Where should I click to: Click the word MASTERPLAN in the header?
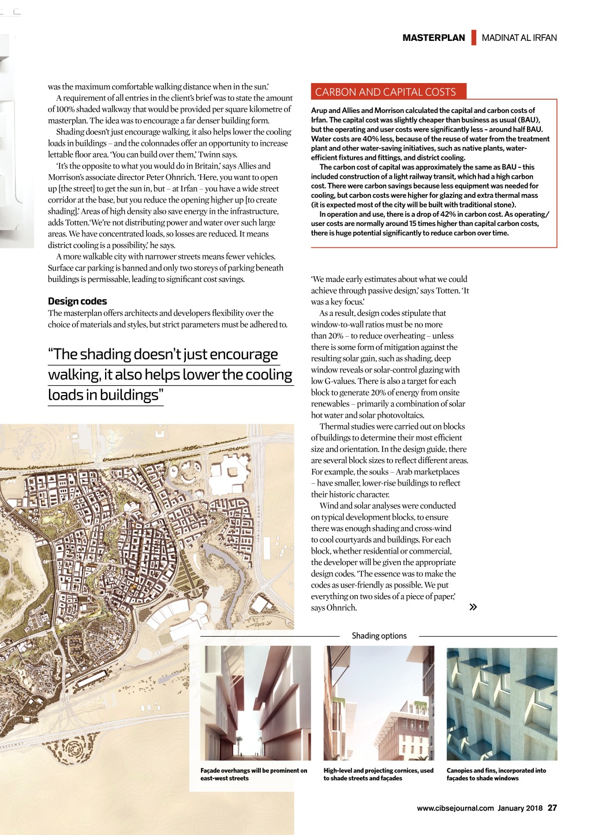(433, 38)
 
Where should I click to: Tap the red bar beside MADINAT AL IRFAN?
(474, 37)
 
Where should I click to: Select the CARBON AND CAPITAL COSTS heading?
(386, 92)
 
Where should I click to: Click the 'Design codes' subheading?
(77, 301)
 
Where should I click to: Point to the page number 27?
(552, 808)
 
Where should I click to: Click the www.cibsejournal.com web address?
(455, 808)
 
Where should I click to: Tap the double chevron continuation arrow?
(473, 607)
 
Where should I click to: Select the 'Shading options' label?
(379, 635)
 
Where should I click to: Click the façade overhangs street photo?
(255, 702)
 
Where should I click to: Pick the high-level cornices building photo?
(379, 702)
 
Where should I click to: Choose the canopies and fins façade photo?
(502, 704)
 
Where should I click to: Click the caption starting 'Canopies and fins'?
(496, 774)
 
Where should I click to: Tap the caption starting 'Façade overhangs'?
(253, 774)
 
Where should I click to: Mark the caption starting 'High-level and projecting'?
(378, 774)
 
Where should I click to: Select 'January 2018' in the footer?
(520, 808)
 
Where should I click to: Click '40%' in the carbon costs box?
(371, 138)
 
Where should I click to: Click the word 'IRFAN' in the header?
(545, 38)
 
